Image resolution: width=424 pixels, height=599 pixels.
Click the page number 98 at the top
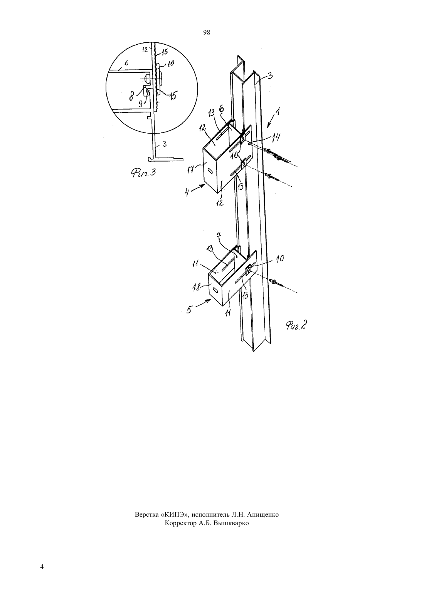click(207, 33)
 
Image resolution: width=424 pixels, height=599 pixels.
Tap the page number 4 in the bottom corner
click(42, 567)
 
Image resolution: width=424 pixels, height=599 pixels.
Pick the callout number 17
click(191, 169)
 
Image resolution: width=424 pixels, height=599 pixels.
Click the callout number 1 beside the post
click(278, 110)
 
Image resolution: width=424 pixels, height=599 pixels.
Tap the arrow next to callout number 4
click(199, 188)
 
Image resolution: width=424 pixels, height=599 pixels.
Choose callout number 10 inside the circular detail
click(170, 64)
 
